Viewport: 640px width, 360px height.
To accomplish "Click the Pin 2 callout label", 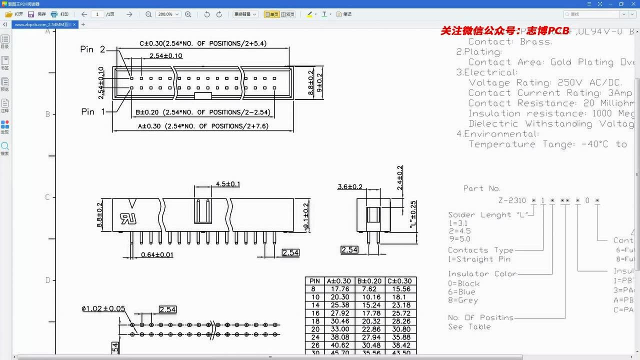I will coord(93,49).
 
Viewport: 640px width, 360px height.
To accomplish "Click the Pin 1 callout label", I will coord(93,111).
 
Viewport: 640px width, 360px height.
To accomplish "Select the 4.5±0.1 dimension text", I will coord(227,184).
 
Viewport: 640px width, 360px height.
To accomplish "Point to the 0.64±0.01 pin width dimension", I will coord(157,254).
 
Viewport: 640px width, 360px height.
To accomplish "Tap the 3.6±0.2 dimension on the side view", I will coord(350,186).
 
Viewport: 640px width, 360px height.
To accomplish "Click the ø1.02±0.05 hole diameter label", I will coord(103,309).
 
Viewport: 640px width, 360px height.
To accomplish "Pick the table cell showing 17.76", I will coord(338,289).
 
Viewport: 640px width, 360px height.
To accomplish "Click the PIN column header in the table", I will coord(314,281).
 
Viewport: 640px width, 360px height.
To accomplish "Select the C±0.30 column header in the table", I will coord(400,281).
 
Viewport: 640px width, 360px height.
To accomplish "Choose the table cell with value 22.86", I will coord(369,329).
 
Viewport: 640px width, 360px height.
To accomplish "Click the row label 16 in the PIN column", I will coord(314,313).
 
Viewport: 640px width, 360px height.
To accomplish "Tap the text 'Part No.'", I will coord(481,188).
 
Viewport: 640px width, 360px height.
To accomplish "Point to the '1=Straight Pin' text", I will coord(479,259).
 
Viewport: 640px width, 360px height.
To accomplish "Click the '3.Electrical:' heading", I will coord(486,72).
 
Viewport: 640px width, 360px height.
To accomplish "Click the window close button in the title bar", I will coord(632,4).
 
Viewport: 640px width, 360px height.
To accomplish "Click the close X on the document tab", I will coord(74,24).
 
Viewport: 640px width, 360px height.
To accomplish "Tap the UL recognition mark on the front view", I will coord(125,218).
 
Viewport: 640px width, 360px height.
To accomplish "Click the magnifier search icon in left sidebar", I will coord(4,146).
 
